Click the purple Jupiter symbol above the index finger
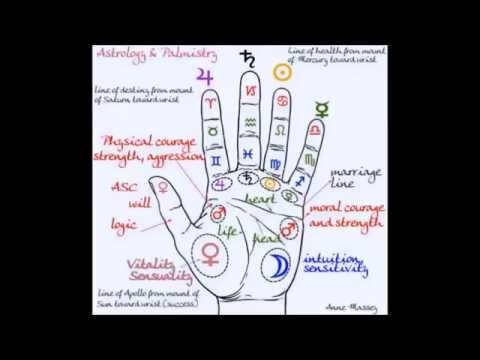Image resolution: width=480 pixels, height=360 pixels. click(x=208, y=78)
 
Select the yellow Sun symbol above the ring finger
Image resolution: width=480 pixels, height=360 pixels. click(x=283, y=73)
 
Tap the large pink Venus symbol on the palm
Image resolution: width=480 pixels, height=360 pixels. click(x=211, y=253)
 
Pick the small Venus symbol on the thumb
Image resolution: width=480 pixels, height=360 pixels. click(x=160, y=186)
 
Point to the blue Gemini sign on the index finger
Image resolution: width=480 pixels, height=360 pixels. click(x=213, y=159)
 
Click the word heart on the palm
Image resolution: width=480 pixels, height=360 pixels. click(x=262, y=200)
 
